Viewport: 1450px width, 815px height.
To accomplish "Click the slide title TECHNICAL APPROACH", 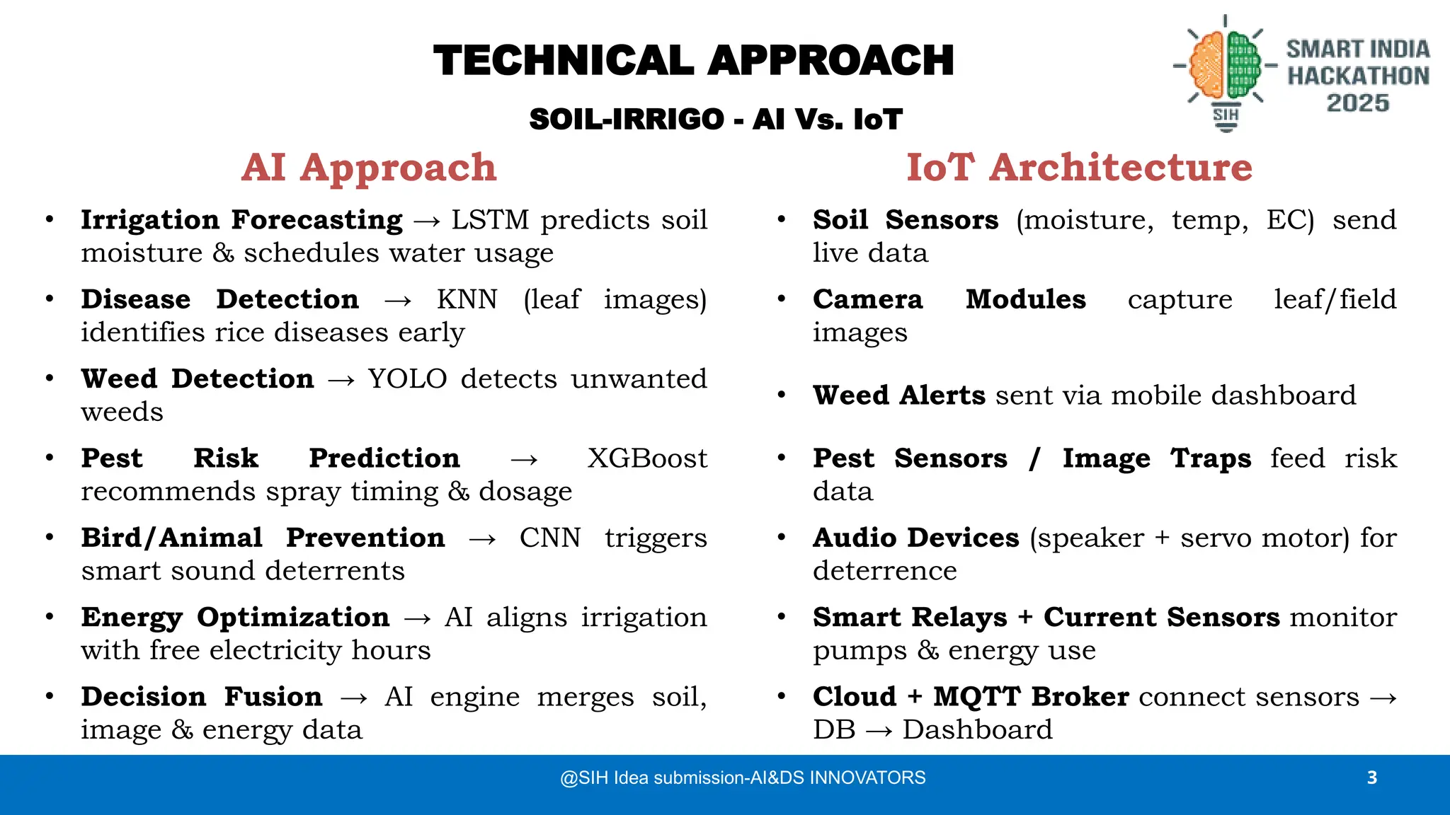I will (693, 61).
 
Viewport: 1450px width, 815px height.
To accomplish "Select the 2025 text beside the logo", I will (1357, 103).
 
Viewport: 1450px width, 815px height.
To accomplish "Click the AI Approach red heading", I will (369, 168).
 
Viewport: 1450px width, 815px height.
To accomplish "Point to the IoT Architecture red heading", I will (1079, 168).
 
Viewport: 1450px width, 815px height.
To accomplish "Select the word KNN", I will (467, 299).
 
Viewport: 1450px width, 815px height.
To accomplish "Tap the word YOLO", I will (407, 379).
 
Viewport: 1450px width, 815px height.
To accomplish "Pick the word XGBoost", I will (647, 458).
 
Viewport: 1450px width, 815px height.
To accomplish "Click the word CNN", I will (550, 538).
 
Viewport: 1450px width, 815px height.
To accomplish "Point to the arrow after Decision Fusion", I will (353, 698).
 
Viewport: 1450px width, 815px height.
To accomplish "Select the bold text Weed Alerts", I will (898, 395).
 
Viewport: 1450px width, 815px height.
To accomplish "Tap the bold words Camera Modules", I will (949, 299).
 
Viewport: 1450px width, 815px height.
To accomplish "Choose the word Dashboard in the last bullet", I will (977, 730).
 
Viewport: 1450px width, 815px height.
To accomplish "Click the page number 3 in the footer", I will (1371, 778).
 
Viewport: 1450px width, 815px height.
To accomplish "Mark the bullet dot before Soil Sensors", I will (781, 219).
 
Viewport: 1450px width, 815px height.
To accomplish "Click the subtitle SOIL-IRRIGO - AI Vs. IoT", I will (715, 120).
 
